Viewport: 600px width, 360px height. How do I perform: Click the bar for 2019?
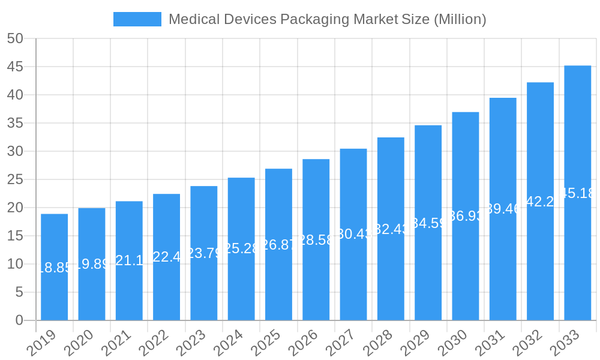(54, 267)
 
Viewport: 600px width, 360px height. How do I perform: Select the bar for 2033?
(577, 193)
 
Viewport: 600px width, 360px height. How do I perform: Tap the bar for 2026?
(316, 239)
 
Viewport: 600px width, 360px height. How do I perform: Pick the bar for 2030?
(466, 216)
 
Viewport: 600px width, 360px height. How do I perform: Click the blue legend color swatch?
(137, 19)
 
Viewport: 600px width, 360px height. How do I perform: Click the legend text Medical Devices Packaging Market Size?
(327, 19)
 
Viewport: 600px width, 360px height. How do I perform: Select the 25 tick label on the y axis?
(15, 179)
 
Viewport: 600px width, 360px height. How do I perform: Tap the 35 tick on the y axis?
(15, 123)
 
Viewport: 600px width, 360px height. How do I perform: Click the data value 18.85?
(54, 268)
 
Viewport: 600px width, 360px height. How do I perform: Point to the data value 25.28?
(241, 248)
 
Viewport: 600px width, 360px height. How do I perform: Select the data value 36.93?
(466, 216)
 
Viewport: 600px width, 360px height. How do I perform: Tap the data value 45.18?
(577, 193)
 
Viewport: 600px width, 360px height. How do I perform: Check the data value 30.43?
(353, 234)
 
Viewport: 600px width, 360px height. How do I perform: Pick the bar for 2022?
(166, 257)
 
